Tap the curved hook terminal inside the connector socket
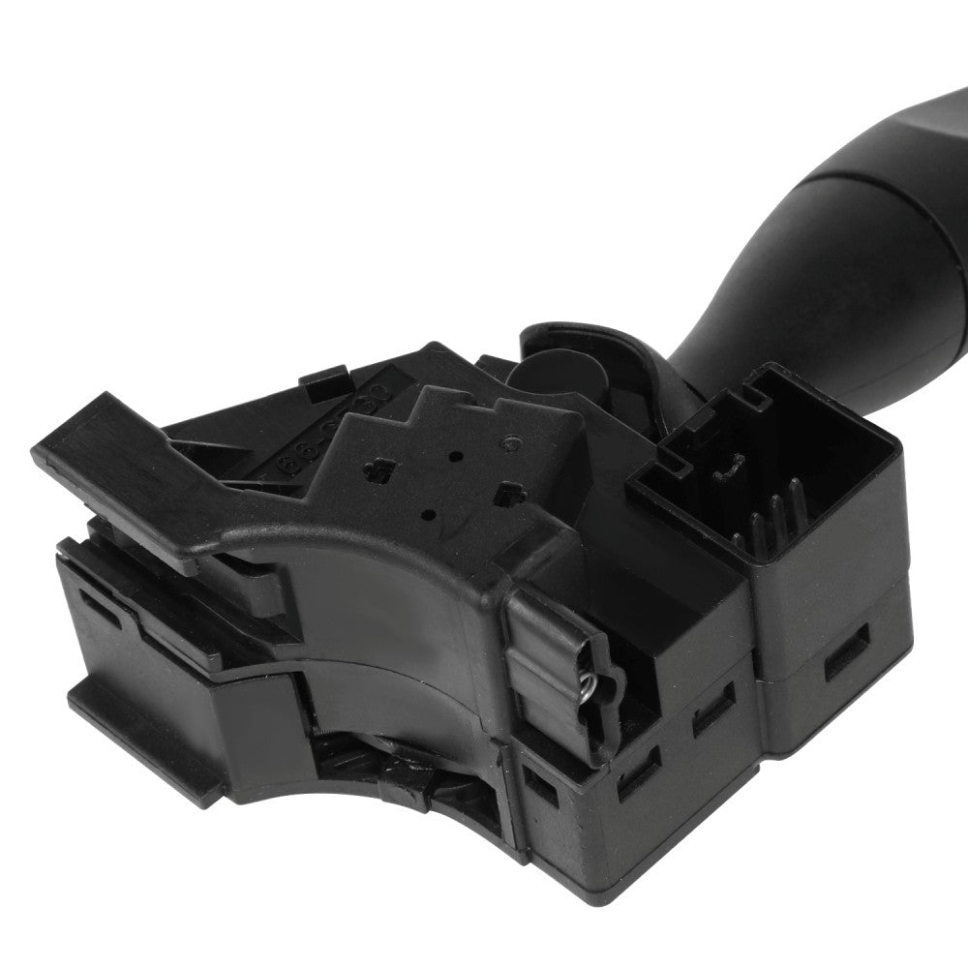[720, 472]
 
